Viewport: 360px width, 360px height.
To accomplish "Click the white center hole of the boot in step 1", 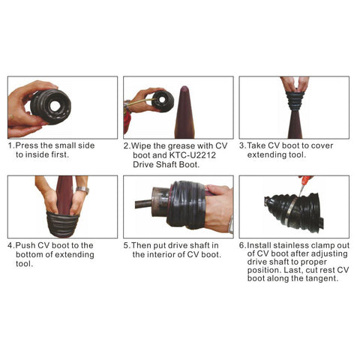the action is tap(55, 106).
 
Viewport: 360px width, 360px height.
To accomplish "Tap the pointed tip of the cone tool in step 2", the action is tap(184, 87).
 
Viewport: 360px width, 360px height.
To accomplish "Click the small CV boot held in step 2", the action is tap(163, 101).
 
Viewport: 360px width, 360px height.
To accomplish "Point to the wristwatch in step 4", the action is tap(82, 190).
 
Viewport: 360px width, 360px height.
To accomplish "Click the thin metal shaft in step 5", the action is tap(143, 204).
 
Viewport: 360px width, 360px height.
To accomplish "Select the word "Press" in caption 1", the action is tap(27, 145).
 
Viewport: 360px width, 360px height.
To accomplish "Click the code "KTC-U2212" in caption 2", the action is tap(193, 155).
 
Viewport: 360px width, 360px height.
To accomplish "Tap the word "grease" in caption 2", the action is tap(177, 146).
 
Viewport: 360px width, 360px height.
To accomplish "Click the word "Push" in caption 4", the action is tap(25, 245).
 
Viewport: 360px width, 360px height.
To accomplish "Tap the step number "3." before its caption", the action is tap(243, 145).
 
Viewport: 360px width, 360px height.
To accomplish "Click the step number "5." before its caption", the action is tap(127, 245).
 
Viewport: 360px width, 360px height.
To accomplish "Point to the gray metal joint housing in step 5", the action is tap(160, 205).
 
